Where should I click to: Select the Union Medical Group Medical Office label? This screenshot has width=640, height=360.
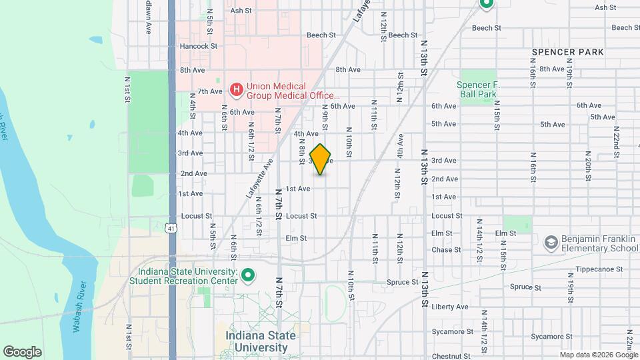(285, 91)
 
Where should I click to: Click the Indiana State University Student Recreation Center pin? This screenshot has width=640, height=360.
(248, 275)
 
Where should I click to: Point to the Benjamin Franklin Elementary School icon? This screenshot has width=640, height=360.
(551, 241)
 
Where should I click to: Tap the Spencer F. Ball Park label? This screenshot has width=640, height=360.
(478, 89)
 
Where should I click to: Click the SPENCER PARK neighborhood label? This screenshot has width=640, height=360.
(567, 52)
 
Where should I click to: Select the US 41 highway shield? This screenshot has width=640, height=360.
(171, 228)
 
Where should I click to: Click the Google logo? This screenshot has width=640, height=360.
(22, 351)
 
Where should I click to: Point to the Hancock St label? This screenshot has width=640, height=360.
(199, 47)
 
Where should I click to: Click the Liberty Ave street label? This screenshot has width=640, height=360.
(450, 307)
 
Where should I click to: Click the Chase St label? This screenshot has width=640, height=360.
(447, 250)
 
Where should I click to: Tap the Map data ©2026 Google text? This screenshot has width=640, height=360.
(598, 354)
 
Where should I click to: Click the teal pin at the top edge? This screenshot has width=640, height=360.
(486, 4)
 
